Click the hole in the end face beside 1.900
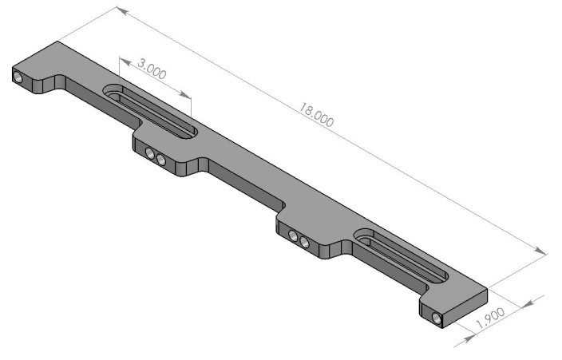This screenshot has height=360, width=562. (x=436, y=318)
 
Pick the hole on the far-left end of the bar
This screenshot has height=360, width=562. (x=18, y=77)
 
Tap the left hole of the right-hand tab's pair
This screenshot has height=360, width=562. (x=294, y=236)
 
